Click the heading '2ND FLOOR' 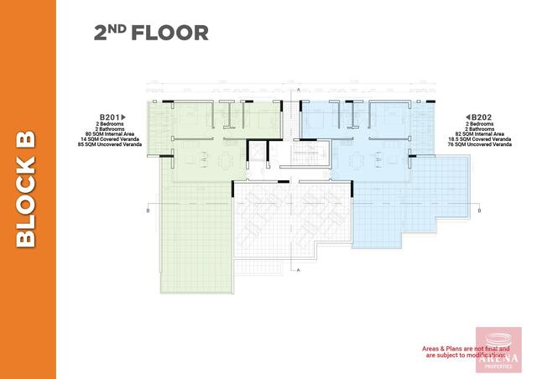click(151, 34)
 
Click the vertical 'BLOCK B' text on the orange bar click(27, 189)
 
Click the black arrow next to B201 click(124, 117)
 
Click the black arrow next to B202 click(467, 117)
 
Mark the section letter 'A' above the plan click(299, 87)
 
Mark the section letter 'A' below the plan click(299, 270)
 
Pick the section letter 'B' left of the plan click(148, 210)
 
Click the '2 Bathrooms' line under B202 click(484, 128)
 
